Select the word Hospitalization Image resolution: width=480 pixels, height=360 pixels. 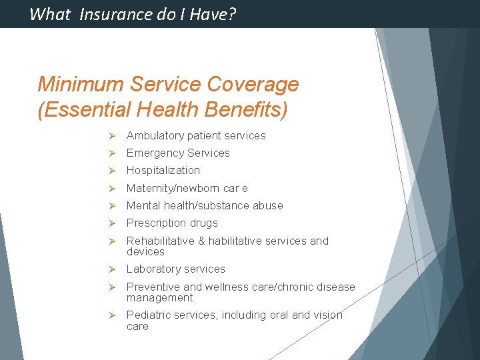tap(163, 171)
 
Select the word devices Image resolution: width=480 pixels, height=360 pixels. tap(145, 252)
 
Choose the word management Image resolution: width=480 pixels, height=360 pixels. tap(160, 298)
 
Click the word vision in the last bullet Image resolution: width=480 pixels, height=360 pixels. tap(327, 315)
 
